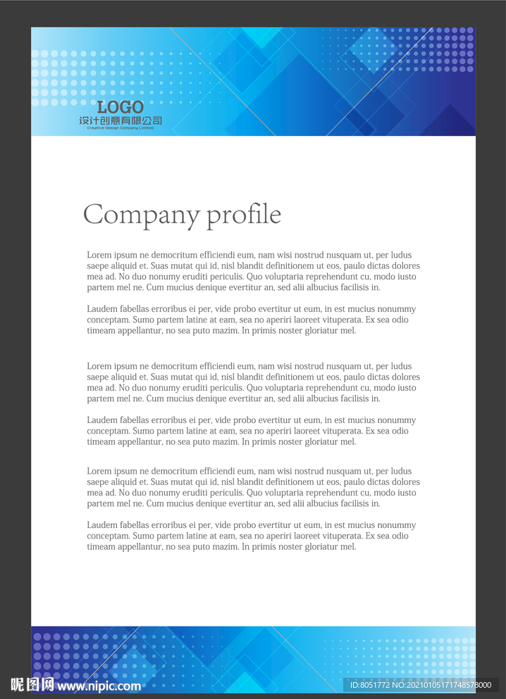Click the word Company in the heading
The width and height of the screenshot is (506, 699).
click(x=142, y=215)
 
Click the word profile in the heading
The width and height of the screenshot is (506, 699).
click(x=244, y=215)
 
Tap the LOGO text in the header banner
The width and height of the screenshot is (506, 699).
click(x=121, y=108)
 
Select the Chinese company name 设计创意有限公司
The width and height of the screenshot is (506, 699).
click(x=121, y=120)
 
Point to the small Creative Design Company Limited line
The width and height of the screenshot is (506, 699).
click(x=121, y=128)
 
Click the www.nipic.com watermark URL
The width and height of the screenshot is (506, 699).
click(x=99, y=686)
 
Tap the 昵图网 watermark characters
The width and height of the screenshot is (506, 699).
click(x=32, y=684)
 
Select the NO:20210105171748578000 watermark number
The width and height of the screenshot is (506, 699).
click(x=441, y=685)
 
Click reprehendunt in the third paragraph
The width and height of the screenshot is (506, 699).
click(x=322, y=388)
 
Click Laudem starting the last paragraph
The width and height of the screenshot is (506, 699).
click(x=101, y=525)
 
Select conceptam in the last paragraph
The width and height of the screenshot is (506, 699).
click(x=108, y=536)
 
